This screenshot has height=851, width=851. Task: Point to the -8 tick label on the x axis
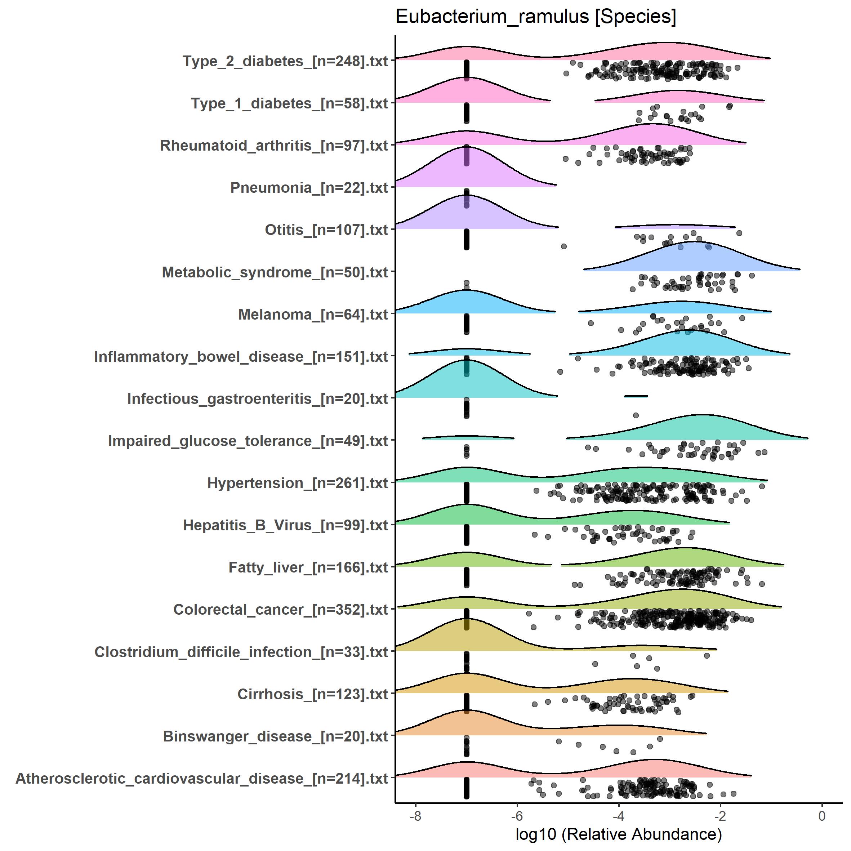415,816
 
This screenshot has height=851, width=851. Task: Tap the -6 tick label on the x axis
517,816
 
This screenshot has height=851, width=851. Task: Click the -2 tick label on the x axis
720,816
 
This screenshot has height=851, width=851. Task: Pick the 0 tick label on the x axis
821,816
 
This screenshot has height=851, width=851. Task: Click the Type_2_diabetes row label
285,61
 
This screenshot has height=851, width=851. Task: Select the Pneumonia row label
309,188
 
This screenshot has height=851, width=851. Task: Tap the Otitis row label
326,230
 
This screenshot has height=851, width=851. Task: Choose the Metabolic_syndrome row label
275,272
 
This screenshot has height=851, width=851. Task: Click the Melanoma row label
313,315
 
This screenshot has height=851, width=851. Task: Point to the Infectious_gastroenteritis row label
257,398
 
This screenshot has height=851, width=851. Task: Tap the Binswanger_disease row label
275,736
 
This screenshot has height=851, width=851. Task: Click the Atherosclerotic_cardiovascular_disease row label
202,778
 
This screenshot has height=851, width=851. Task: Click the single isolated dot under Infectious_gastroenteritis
636,415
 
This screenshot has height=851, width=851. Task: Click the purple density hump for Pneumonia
467,170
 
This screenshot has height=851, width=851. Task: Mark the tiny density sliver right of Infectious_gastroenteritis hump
636,396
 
